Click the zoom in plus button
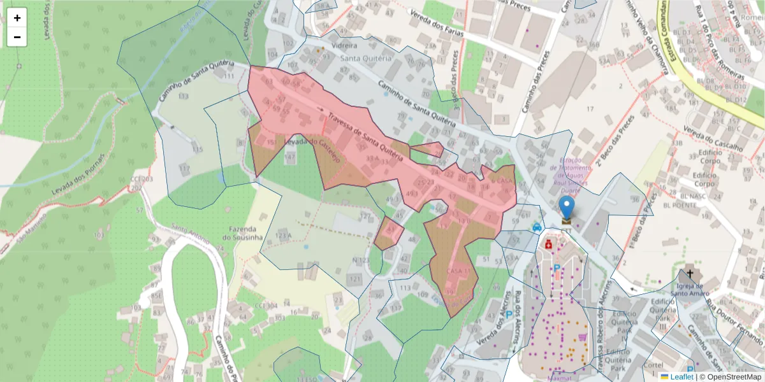coord(17,18)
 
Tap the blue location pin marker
coord(566,208)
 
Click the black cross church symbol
coord(689,274)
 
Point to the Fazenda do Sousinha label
coord(242,233)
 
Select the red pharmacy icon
coord(548,244)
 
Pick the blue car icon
coord(537,227)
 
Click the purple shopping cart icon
coord(582,337)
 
